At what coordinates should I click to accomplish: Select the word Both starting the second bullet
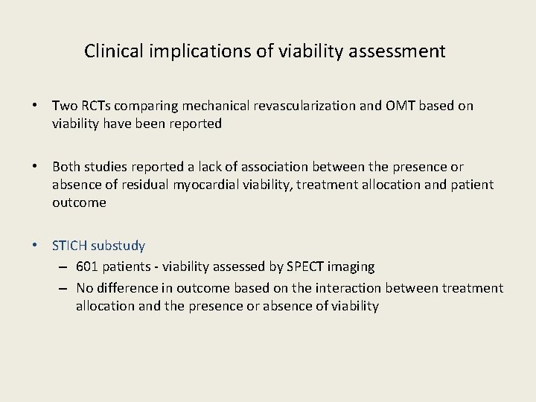[x=66, y=167]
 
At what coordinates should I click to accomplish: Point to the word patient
[x=472, y=185]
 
